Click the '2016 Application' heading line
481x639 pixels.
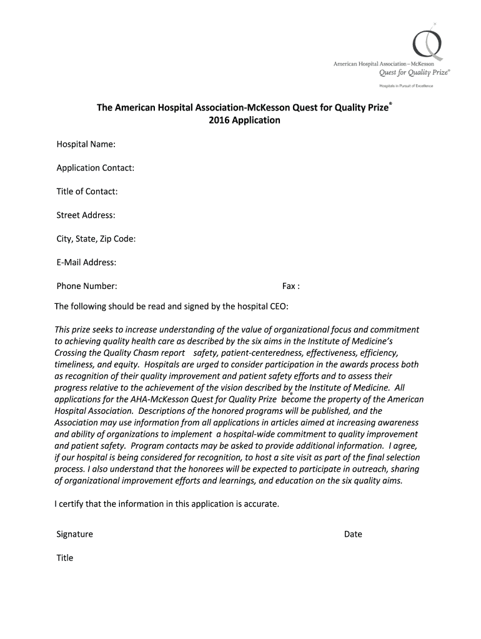(244, 120)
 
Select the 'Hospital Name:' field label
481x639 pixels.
(86, 144)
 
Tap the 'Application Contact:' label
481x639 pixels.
(96, 168)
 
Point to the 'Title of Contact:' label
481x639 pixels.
(87, 192)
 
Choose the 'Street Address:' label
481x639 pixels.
(86, 215)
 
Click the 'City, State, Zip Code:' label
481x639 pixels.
(96, 239)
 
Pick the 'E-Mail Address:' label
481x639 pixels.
(87, 263)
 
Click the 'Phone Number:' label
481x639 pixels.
(87, 286)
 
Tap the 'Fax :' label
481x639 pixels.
(291, 286)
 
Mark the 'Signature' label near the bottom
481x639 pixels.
(75, 534)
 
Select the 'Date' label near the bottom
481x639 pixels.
(353, 534)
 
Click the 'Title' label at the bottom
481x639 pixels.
(65, 558)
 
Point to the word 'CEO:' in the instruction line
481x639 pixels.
(278, 306)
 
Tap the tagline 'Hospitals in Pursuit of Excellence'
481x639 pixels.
(407, 85)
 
